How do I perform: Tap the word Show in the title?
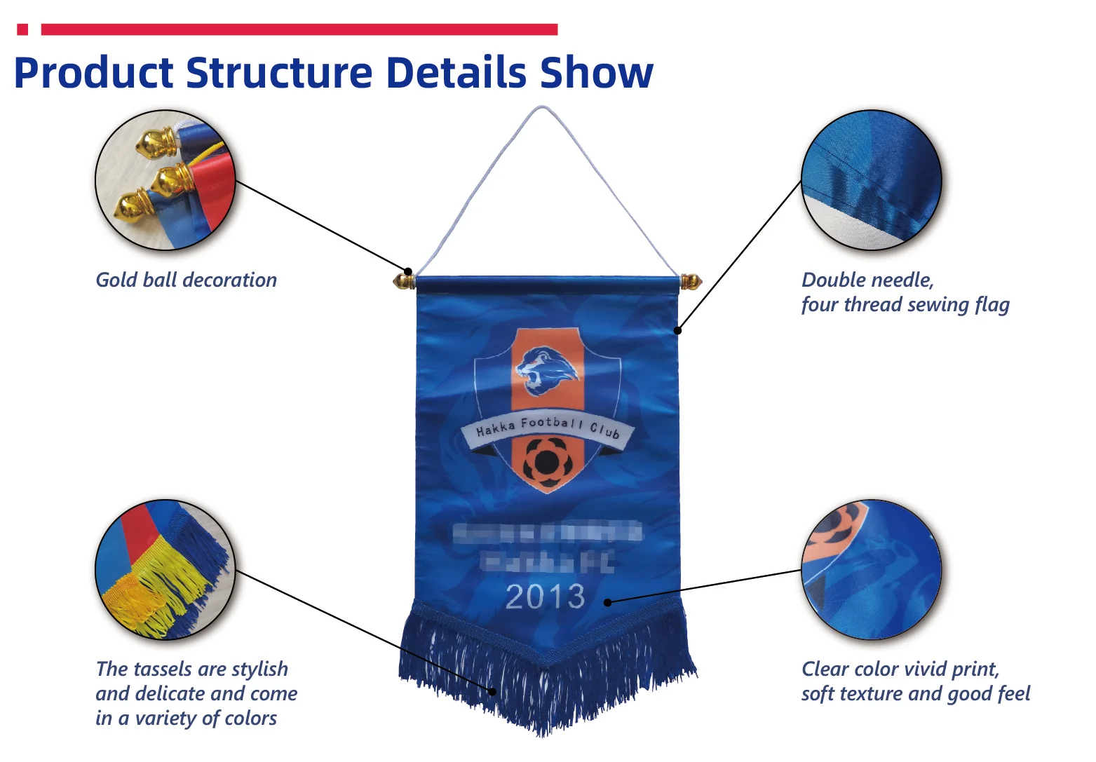[x=596, y=73]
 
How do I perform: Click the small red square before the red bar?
[x=22, y=29]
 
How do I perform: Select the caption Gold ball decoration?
[x=186, y=280]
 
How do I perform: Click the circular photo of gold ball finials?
[x=165, y=181]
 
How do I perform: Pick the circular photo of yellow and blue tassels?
[x=165, y=569]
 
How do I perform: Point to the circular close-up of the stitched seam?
[x=871, y=181]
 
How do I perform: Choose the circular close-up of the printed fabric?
[x=871, y=569]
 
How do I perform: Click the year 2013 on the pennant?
[x=546, y=597]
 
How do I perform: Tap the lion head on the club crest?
[x=546, y=370]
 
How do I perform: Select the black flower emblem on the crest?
[x=546, y=461]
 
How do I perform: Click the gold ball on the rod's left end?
[x=403, y=282]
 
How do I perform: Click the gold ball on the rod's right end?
[x=691, y=282]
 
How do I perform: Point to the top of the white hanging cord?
[x=541, y=109]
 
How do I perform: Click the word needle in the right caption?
[x=900, y=280]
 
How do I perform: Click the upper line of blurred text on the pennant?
[x=547, y=532]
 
